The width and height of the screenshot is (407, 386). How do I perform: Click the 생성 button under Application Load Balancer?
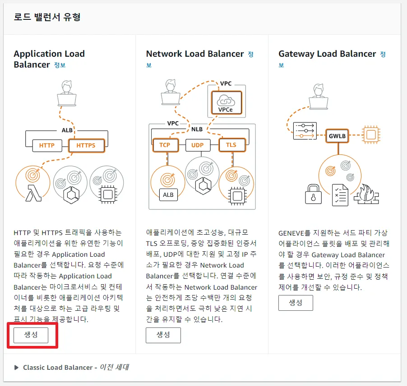point(31,335)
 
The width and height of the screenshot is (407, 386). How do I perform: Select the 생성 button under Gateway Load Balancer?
point(296,303)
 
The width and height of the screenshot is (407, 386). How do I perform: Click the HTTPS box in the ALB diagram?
point(86,145)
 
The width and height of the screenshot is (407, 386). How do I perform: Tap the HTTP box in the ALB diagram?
point(47,145)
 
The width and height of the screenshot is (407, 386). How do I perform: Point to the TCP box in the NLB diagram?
point(165,145)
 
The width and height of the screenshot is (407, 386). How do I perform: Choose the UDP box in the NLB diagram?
point(198,145)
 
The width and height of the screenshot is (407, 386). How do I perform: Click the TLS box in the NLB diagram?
point(231,145)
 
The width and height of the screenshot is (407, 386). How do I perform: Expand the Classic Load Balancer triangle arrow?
point(17,368)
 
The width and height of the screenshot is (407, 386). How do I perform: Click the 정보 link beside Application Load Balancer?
point(60,65)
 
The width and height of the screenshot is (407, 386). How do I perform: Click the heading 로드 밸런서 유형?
point(47,18)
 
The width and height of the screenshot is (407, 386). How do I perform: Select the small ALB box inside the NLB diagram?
point(168,195)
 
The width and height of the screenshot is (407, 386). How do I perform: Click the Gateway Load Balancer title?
point(327,54)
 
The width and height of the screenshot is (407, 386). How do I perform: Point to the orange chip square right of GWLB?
point(370,134)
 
